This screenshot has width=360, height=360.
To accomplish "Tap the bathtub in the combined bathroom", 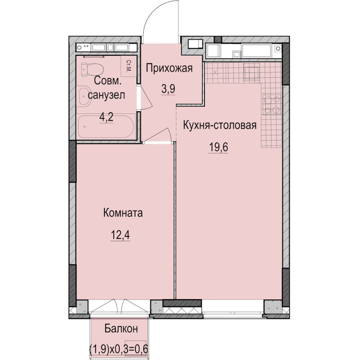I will pyautogui.click(x=106, y=126).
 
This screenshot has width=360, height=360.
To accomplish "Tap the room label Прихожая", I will pyautogui.click(x=169, y=68).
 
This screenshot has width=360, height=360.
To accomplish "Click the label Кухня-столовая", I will pyautogui.click(x=220, y=125).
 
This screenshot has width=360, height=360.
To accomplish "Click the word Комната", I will pyautogui.click(x=123, y=213).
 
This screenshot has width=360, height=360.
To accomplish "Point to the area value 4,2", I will pyautogui.click(x=106, y=117).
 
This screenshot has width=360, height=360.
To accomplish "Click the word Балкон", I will pyautogui.click(x=120, y=328).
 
